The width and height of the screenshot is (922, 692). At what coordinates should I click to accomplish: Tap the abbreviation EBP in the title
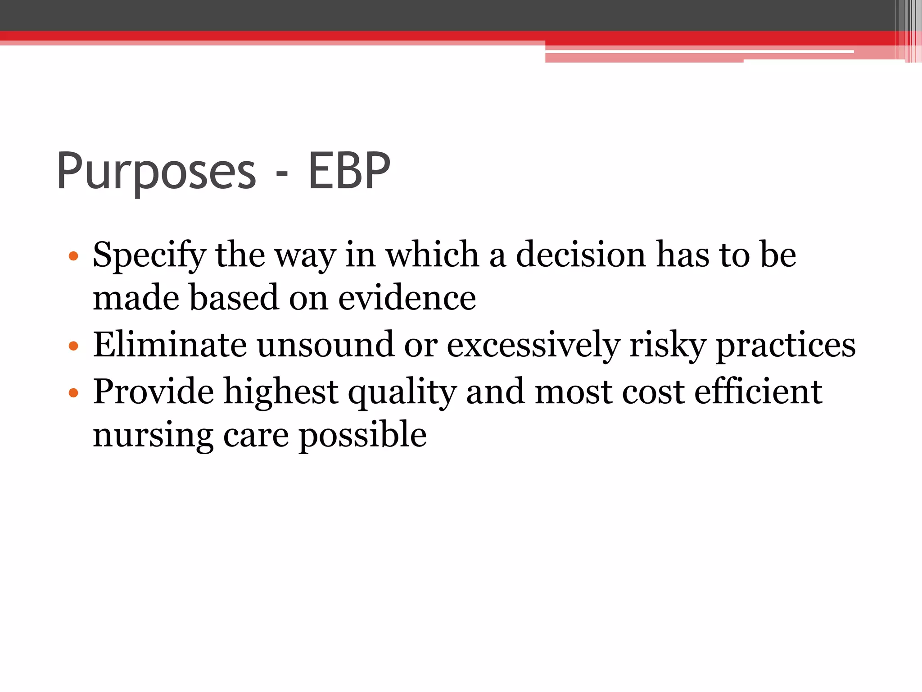[349, 171]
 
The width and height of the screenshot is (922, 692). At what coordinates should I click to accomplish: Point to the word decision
[581, 255]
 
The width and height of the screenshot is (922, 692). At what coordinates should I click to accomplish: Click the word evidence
[407, 298]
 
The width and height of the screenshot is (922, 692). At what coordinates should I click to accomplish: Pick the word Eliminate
[170, 345]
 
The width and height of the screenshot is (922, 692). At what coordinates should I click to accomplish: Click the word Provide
[153, 391]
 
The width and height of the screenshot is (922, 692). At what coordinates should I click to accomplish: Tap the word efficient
[758, 391]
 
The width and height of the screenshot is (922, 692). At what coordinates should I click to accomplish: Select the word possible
[363, 435]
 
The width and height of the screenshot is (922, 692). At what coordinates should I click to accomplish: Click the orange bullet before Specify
[73, 257]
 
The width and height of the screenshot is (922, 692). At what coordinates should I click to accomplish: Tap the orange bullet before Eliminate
[73, 346]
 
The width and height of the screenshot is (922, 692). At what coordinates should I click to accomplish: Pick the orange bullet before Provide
[73, 393]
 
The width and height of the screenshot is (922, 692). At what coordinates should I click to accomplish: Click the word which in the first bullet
[432, 255]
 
